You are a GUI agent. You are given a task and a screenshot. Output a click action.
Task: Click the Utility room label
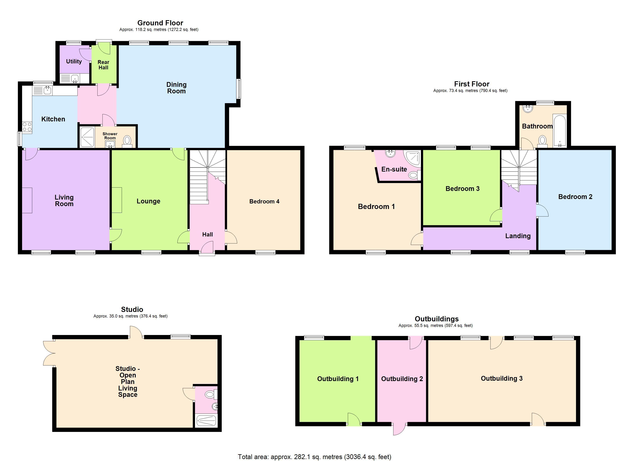(74, 61)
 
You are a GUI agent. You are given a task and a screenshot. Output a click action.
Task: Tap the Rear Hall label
(103, 65)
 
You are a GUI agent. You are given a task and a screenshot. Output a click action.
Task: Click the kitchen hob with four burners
(27, 127)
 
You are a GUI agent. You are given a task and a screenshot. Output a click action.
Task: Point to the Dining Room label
(176, 88)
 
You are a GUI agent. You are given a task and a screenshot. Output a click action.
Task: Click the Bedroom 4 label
(264, 201)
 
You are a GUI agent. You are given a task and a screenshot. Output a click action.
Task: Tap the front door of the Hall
(207, 249)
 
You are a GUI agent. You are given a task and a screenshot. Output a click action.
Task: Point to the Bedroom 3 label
(462, 189)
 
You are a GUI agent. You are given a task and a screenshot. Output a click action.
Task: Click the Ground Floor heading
(160, 23)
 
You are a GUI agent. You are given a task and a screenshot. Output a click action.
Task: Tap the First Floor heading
(472, 84)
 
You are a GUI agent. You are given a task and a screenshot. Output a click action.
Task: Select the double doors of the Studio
(49, 353)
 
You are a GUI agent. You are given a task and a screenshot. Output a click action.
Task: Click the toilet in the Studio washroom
(210, 395)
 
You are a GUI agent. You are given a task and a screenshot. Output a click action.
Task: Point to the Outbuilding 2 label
(402, 379)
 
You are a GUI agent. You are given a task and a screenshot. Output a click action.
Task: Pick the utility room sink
(74, 78)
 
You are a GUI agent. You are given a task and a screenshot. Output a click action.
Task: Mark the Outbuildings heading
(436, 319)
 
